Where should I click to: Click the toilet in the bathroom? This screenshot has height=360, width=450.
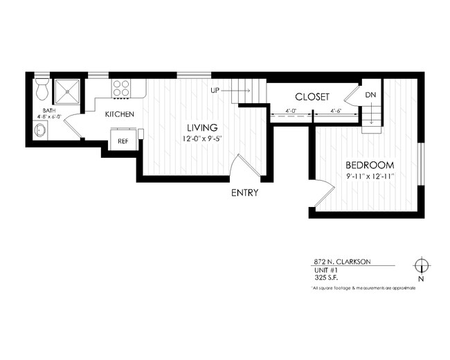41,88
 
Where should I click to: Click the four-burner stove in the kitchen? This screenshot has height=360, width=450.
121,89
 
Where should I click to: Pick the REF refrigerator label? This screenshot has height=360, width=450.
123,141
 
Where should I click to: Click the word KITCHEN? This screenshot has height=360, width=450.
119,114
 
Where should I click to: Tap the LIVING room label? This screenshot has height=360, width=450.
202,127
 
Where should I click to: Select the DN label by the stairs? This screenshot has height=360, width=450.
370,95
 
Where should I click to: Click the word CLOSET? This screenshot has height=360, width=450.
312,97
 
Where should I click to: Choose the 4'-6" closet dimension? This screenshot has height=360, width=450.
338,111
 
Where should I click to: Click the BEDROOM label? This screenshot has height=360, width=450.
370,165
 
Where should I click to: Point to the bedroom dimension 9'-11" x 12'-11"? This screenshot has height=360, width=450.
370,177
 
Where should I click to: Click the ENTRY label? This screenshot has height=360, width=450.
244,192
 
